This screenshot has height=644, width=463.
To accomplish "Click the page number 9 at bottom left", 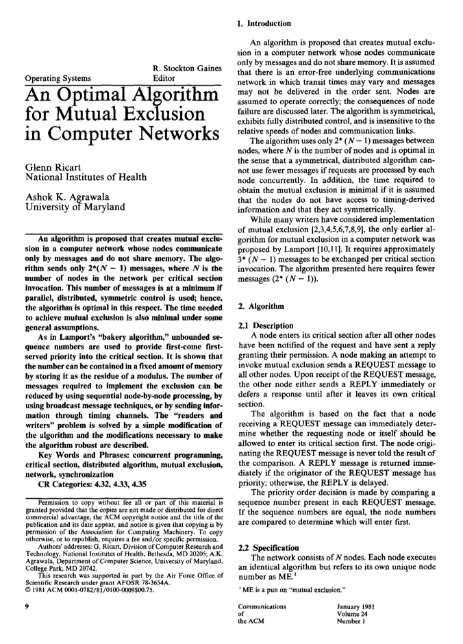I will (x=25, y=606).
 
